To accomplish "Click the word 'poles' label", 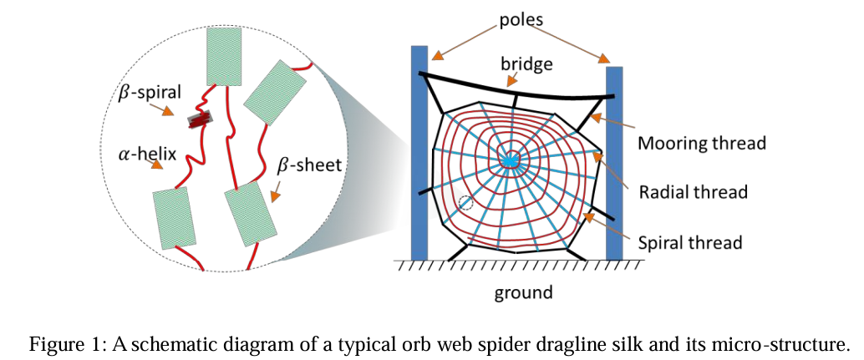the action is coord(521,21).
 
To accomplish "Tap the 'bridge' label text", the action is coord(526,63).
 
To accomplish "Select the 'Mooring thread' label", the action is coord(702,143).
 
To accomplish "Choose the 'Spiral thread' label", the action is coord(690,241).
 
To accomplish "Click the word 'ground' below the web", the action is coord(523,292).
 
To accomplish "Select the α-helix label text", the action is coord(147,155).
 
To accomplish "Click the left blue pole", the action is coord(419,153).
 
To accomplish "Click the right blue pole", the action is coord(614,164).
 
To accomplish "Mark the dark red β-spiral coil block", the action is coord(200,119).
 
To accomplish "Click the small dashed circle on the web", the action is coord(466,203).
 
